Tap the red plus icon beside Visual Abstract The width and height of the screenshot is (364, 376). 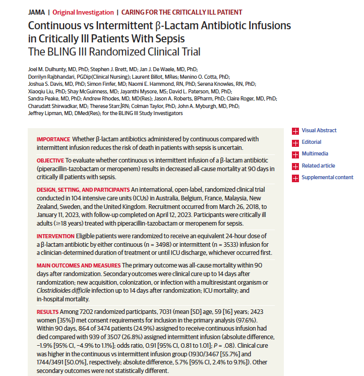(x=295, y=131)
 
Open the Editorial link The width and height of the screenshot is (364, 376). (x=311, y=142)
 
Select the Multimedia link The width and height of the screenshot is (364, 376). (x=315, y=154)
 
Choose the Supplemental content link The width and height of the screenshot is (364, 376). (x=327, y=177)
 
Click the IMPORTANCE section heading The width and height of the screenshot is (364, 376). (x=53, y=139)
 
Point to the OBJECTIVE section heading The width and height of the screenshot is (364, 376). (x=50, y=159)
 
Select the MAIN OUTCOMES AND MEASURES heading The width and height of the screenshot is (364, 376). (x=78, y=265)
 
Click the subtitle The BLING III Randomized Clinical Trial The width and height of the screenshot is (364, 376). (x=114, y=52)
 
